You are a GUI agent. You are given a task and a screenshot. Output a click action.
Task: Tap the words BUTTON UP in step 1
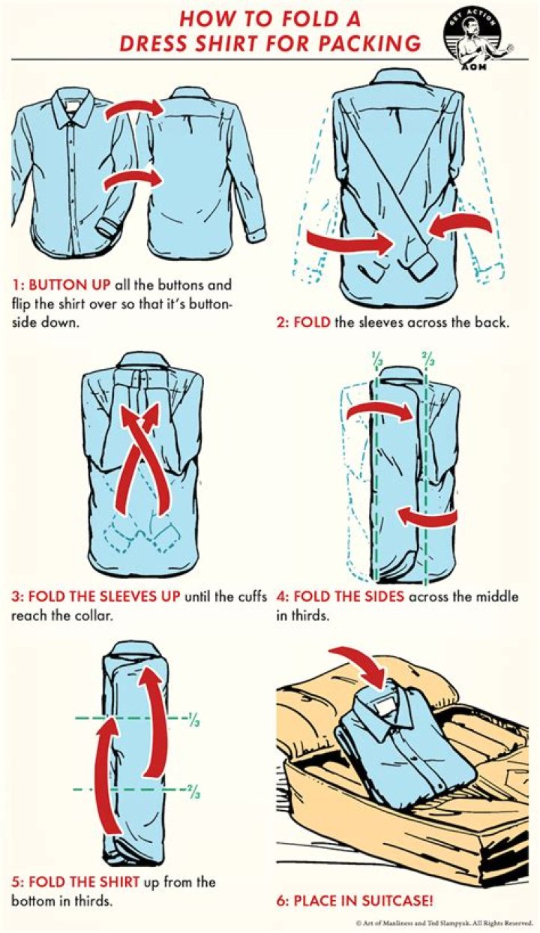click(x=69, y=285)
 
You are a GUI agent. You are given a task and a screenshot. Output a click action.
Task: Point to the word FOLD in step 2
click(x=311, y=322)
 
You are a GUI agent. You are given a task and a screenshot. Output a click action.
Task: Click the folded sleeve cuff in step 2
click(x=424, y=265)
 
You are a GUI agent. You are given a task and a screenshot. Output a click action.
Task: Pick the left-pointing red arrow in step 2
click(x=460, y=225)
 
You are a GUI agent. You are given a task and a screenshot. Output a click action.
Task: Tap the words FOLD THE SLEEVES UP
click(x=104, y=596)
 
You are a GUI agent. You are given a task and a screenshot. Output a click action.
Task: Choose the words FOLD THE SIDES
click(x=348, y=596)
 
